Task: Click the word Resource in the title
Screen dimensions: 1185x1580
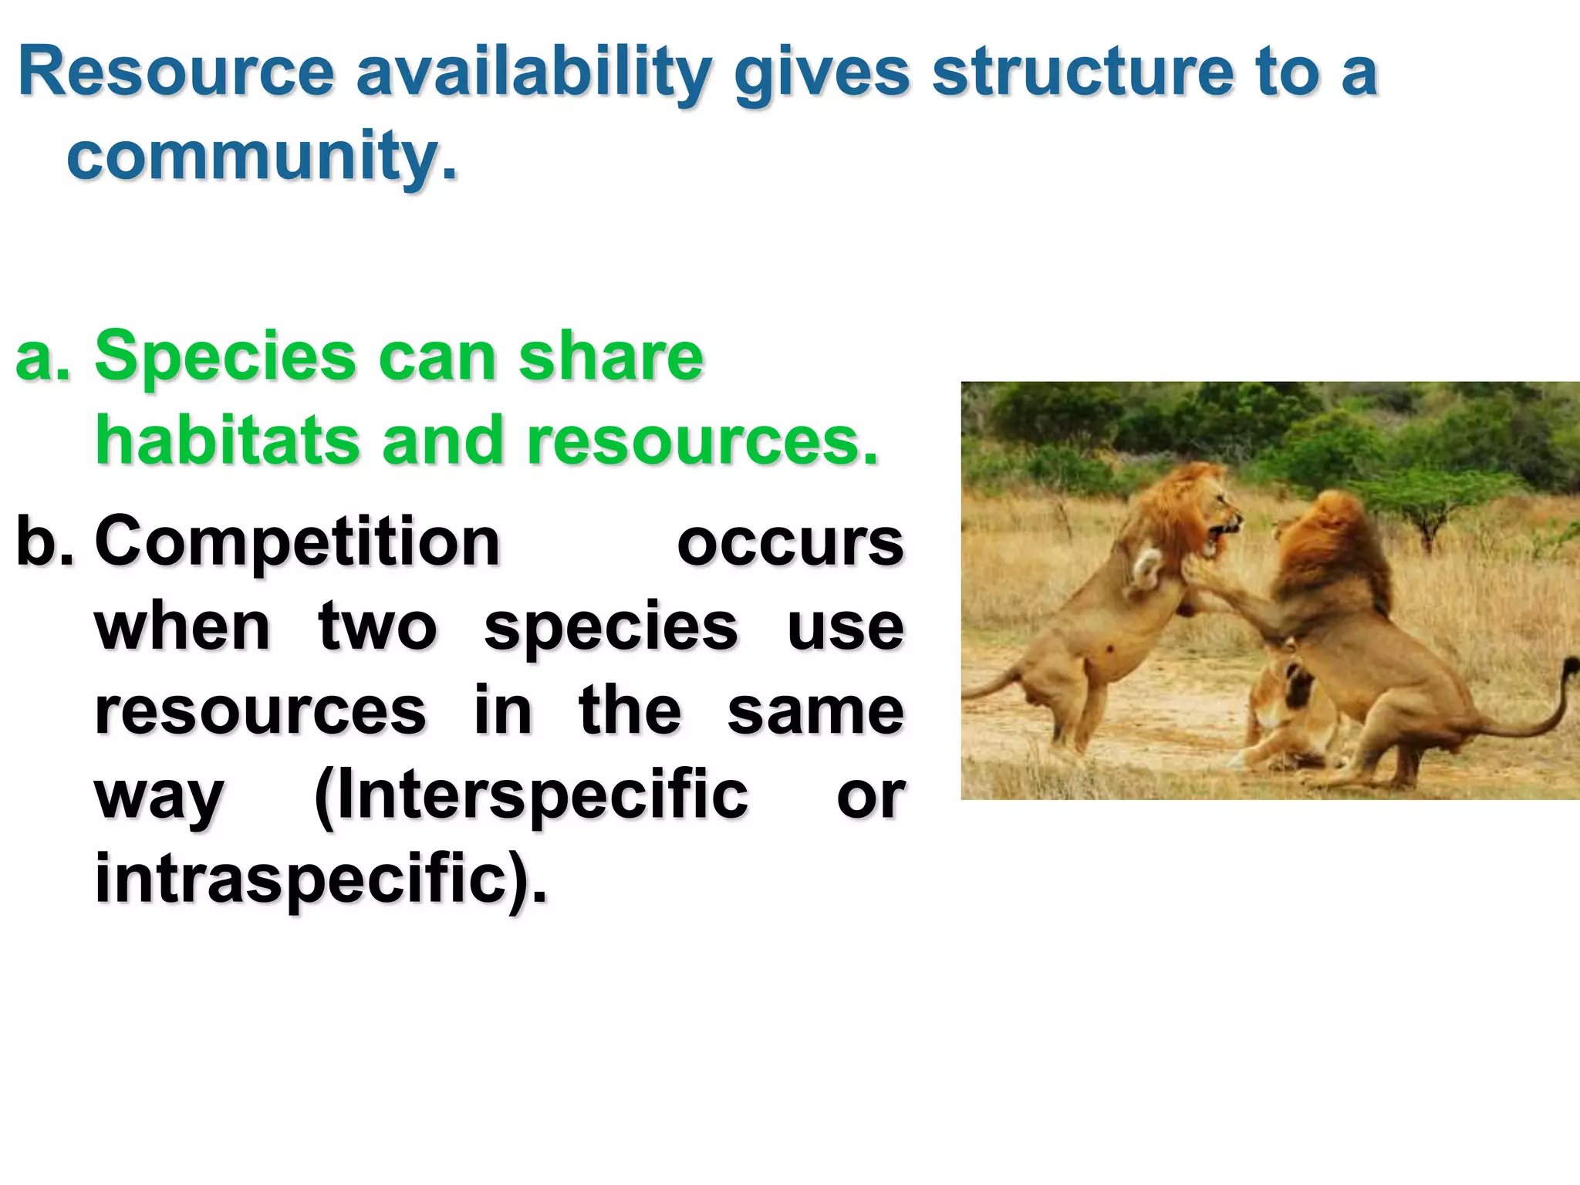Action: [x=176, y=72]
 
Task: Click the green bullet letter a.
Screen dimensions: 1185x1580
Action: [x=42, y=357]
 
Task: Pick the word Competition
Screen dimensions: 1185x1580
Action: [x=297, y=542]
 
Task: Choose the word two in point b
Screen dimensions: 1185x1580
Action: [x=377, y=626]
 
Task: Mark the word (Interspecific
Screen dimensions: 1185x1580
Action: [x=531, y=795]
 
